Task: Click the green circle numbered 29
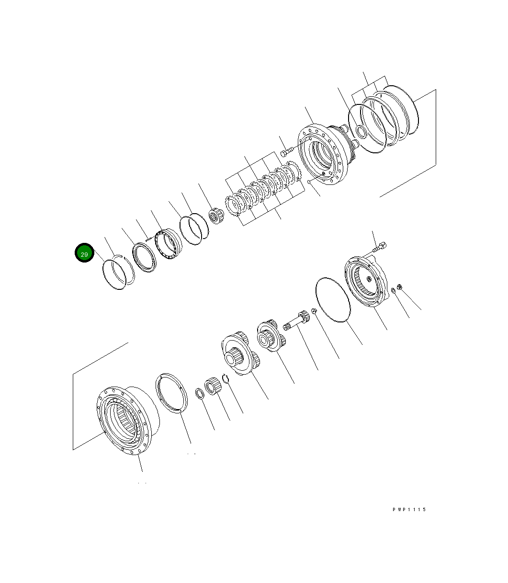(x=84, y=253)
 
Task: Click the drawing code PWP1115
(x=409, y=509)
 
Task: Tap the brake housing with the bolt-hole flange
(x=323, y=154)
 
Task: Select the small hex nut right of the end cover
(x=400, y=287)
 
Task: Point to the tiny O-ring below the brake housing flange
(x=310, y=182)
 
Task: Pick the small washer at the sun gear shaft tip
(x=313, y=312)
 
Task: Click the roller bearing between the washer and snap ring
(x=212, y=386)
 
